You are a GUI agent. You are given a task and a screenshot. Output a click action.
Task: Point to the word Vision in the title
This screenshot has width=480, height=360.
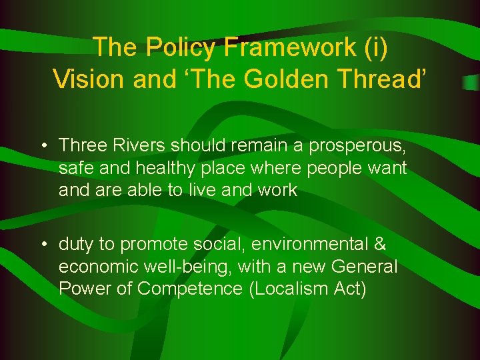(90, 79)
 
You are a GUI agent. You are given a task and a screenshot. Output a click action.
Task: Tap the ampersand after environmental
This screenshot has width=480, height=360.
(380, 245)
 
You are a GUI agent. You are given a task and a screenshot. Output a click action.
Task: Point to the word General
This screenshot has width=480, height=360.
(363, 267)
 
